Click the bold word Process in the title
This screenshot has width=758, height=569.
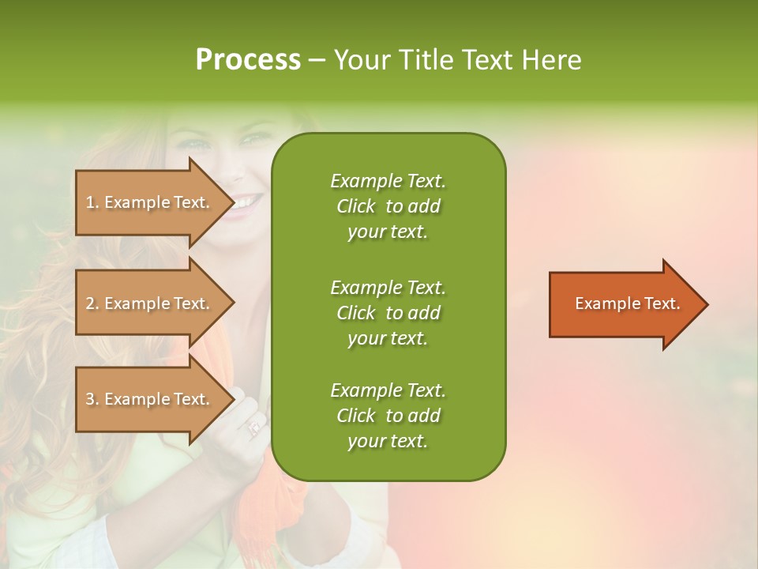pos(248,60)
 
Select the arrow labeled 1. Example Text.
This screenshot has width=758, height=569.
pos(150,202)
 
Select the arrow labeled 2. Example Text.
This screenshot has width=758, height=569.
pos(150,303)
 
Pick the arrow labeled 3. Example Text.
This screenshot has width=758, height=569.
pos(150,399)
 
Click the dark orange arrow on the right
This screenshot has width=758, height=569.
pos(624,304)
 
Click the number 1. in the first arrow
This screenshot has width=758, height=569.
pos(92,202)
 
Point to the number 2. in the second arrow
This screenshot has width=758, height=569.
pos(92,303)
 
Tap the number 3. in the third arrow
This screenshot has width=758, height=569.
pos(92,399)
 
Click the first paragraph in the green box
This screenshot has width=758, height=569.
pos(388,206)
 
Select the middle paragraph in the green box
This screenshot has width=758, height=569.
pos(388,313)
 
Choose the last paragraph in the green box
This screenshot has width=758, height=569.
pos(388,416)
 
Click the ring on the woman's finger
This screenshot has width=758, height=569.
pos(254,428)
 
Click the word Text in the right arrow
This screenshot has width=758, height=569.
pos(662,303)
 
